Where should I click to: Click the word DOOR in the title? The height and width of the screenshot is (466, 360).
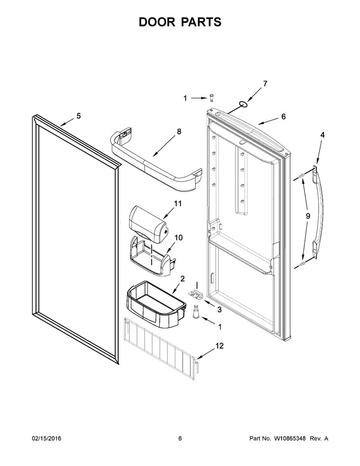(x=156, y=22)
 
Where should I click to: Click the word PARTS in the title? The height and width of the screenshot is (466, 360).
(x=200, y=22)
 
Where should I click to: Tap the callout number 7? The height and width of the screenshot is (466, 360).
(x=265, y=84)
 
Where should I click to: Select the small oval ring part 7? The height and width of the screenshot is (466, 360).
(x=243, y=104)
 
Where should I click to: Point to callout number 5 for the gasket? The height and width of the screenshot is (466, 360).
(x=78, y=116)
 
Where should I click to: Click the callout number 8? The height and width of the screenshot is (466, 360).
(x=179, y=131)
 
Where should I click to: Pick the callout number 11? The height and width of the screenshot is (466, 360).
(x=178, y=203)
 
